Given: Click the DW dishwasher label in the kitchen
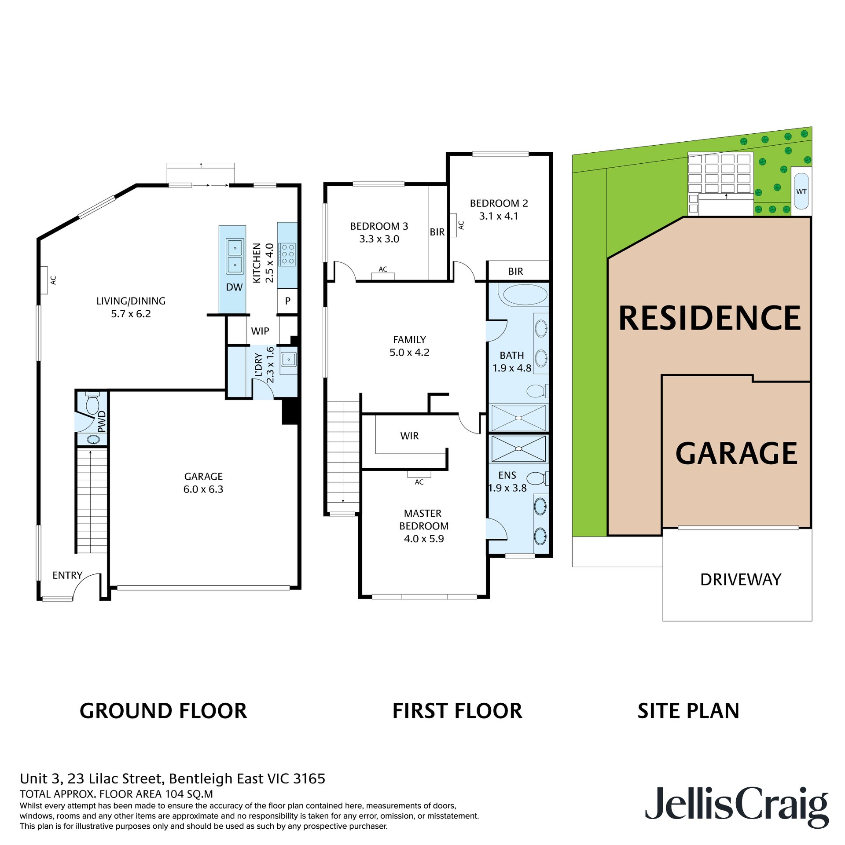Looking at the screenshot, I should tap(234, 287).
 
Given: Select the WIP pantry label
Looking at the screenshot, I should tap(260, 331).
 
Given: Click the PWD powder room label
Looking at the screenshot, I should tap(102, 422).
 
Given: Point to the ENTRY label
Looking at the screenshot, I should tap(67, 575).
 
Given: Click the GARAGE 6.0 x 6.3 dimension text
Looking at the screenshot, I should tap(203, 489).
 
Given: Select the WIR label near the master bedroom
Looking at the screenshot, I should tap(409, 436).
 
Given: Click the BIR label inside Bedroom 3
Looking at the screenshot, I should tap(437, 232).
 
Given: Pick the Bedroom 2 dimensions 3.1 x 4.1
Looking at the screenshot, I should tap(498, 216).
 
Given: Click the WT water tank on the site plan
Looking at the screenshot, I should tap(801, 191).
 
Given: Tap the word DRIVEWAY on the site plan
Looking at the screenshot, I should tap(740, 580).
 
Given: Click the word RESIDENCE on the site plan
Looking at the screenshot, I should tap(709, 318).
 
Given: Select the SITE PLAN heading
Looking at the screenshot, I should tap(688, 711).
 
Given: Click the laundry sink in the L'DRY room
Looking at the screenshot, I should tap(289, 360).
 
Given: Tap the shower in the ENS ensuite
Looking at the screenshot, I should tap(518, 448).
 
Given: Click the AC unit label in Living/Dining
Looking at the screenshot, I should tap(53, 280).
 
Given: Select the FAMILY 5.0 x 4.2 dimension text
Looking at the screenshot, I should tap(409, 353).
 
